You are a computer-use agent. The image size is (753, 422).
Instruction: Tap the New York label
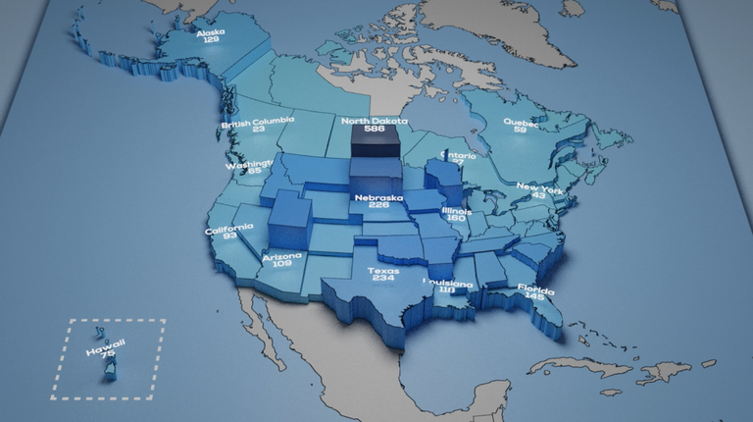(x=538, y=186)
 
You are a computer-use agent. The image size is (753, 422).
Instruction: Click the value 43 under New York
(x=538, y=195)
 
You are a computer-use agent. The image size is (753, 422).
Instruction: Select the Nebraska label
(x=378, y=196)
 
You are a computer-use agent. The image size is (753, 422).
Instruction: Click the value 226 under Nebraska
(x=378, y=205)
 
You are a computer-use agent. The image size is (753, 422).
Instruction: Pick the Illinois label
(x=456, y=211)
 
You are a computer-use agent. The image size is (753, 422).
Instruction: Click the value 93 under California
(x=228, y=237)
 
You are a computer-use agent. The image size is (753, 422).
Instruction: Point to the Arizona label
(x=282, y=256)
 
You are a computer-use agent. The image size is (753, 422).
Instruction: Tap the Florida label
(x=536, y=290)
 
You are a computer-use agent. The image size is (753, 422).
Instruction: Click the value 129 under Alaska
(x=210, y=39)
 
